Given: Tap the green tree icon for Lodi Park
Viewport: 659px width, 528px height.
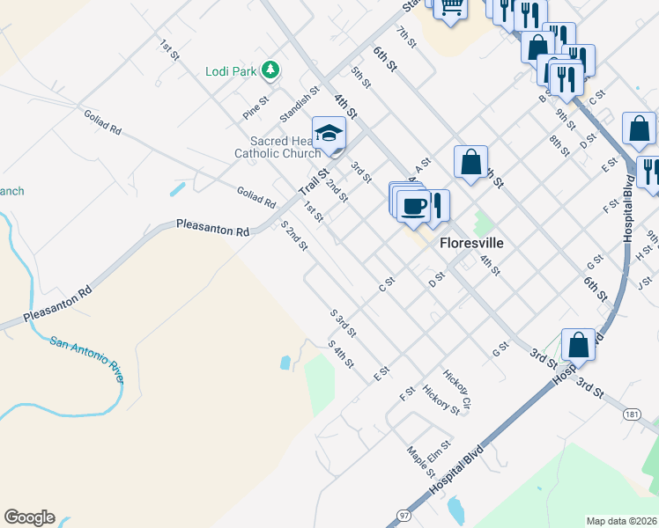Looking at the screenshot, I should coord(272,70).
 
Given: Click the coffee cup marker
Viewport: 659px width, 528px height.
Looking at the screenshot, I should coord(412,205).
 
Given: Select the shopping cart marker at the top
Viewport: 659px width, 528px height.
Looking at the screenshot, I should coord(452,9).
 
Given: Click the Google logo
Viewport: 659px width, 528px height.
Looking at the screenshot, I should coord(29,517).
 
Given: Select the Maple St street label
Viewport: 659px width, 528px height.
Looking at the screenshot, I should coord(420,462).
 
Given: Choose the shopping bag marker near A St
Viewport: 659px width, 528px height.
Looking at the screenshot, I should coord(471,163).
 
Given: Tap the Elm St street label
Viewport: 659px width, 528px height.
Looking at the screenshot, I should coord(440,451).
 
